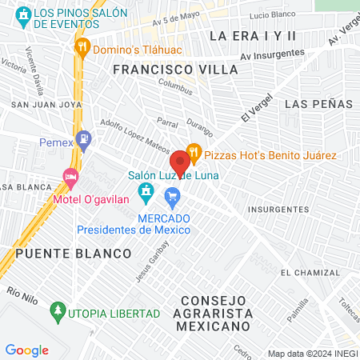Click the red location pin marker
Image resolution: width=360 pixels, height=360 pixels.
click(180, 162)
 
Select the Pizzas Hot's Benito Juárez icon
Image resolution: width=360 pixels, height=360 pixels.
click(193, 152)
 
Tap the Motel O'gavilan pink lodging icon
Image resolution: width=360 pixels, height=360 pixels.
click(70, 176)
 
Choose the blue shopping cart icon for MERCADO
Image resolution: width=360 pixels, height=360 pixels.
click(171, 195)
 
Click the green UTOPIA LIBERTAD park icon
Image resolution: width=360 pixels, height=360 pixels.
click(56, 309)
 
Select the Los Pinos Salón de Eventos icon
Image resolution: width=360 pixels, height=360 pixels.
click(24, 14)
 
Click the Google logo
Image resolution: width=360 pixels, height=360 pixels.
click(26, 350)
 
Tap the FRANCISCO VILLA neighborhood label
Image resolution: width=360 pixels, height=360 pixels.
click(175, 70)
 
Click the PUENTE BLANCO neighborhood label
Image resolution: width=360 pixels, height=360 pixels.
click(73, 253)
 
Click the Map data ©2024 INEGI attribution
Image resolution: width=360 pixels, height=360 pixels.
click(310, 354)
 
